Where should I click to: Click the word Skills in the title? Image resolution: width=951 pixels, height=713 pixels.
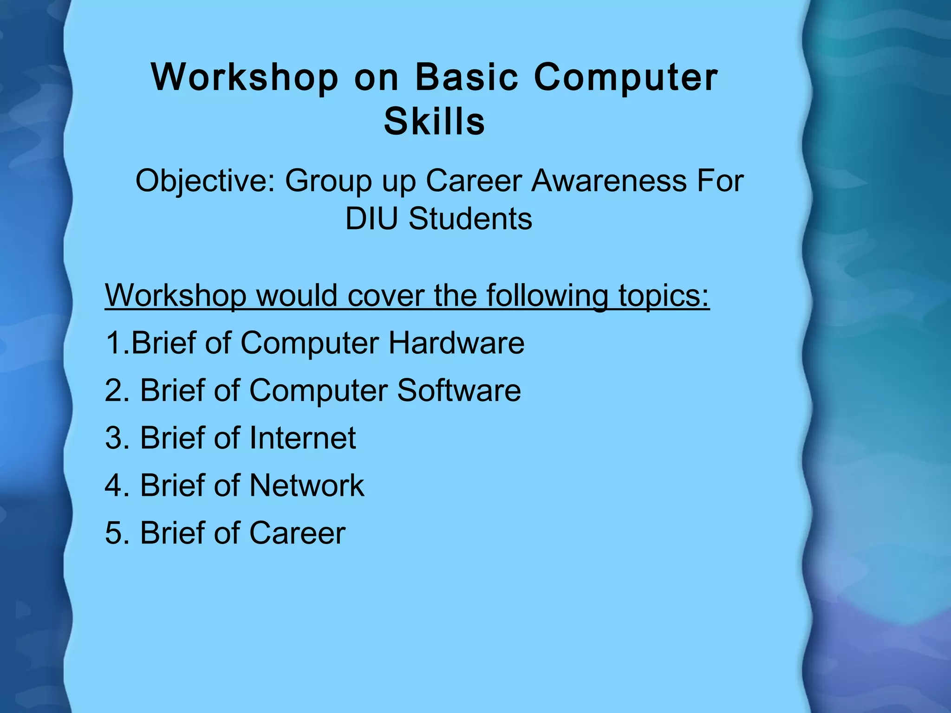(434, 122)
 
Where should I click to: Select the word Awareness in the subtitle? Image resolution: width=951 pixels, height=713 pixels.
(609, 181)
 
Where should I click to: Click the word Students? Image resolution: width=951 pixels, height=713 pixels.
(470, 219)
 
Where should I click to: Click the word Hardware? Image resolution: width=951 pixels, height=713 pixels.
(456, 343)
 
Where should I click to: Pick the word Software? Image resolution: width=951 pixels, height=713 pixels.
(459, 390)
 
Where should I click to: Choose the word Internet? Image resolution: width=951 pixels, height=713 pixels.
(302, 438)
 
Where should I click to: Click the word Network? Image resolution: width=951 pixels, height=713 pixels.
(306, 486)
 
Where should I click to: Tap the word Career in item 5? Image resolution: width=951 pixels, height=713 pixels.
(297, 533)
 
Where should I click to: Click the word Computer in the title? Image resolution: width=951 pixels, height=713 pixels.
(625, 77)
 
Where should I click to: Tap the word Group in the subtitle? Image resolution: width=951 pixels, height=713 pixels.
(328, 181)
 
